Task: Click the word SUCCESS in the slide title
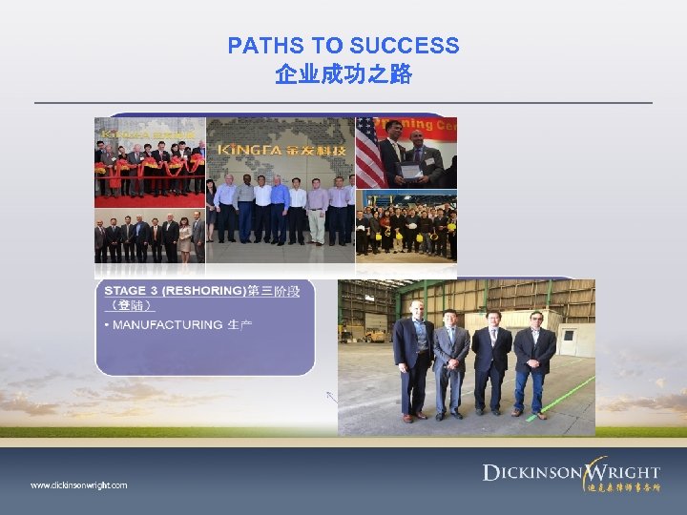coord(405,46)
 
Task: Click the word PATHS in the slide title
coord(257,46)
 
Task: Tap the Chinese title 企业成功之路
coord(343,74)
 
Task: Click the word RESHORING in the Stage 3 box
coord(204,291)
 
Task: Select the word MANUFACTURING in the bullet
coord(167,325)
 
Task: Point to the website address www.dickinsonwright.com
coord(78,485)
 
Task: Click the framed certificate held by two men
coord(409,171)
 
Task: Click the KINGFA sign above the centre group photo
coord(277,152)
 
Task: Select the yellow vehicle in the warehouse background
coord(376,334)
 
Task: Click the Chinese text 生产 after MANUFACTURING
coord(239,325)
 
